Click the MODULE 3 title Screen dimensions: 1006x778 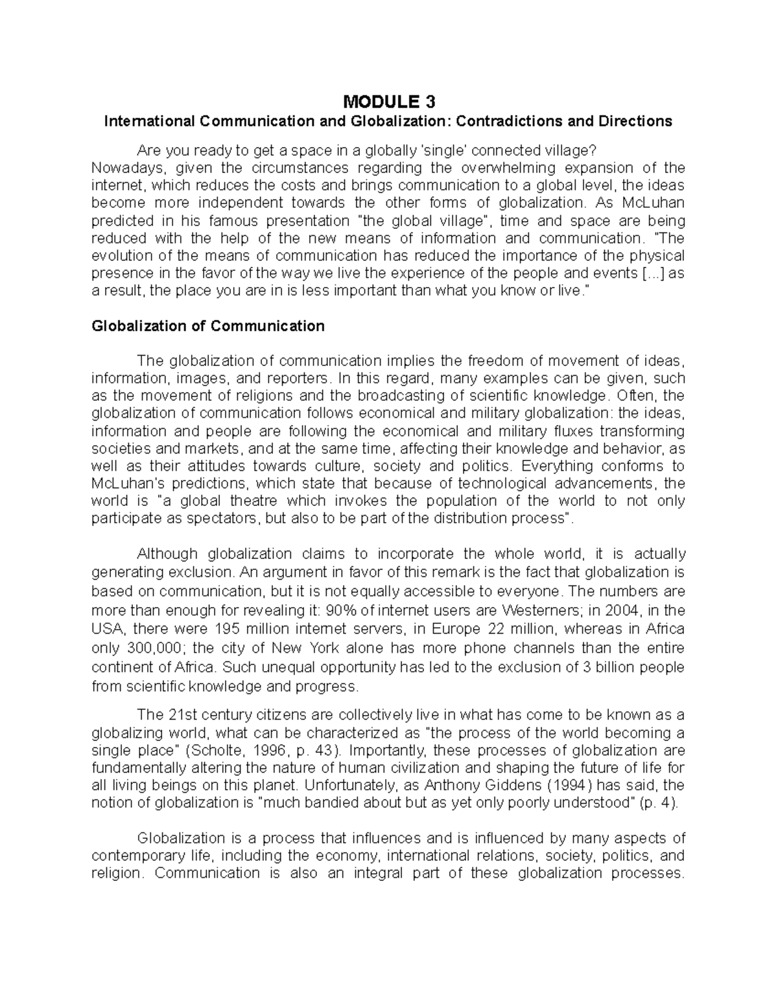tap(388, 102)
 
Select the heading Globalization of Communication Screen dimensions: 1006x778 tap(208, 326)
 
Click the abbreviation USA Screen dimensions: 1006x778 tap(108, 629)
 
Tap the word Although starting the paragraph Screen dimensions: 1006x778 tap(167, 554)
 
